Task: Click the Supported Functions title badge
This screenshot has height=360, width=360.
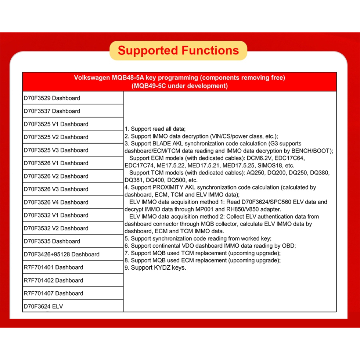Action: click(x=178, y=50)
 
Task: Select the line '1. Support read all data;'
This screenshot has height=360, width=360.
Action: click(x=155, y=129)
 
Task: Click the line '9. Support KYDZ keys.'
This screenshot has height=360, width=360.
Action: click(x=156, y=268)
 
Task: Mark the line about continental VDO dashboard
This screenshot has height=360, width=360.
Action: click(x=210, y=246)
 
